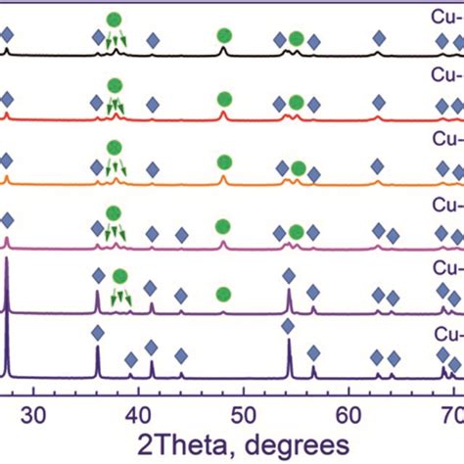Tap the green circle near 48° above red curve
click(223, 99)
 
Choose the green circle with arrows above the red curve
click(114, 90)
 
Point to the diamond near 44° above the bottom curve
click(181, 355)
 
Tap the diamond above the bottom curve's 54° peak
click(288, 325)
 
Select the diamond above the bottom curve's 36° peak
click(97, 334)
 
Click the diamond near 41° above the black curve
click(153, 40)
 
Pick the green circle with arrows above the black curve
click(115, 20)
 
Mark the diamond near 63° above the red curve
click(380, 103)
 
